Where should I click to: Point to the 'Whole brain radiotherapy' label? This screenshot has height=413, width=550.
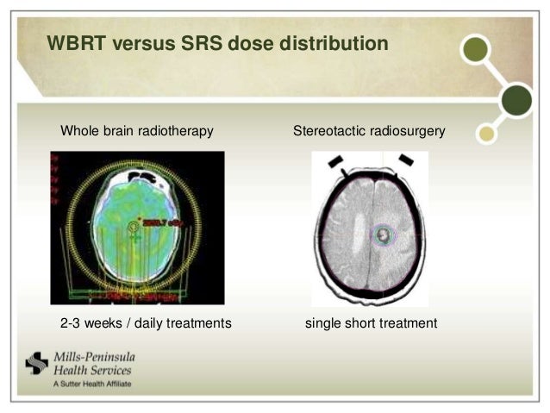coord(136,132)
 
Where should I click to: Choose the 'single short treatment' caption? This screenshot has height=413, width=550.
coord(372,323)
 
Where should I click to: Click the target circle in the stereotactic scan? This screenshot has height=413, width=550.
coord(382,233)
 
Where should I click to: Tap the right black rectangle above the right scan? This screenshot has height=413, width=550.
coord(406,160)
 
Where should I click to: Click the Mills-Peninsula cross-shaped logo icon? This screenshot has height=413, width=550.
coord(36,364)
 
